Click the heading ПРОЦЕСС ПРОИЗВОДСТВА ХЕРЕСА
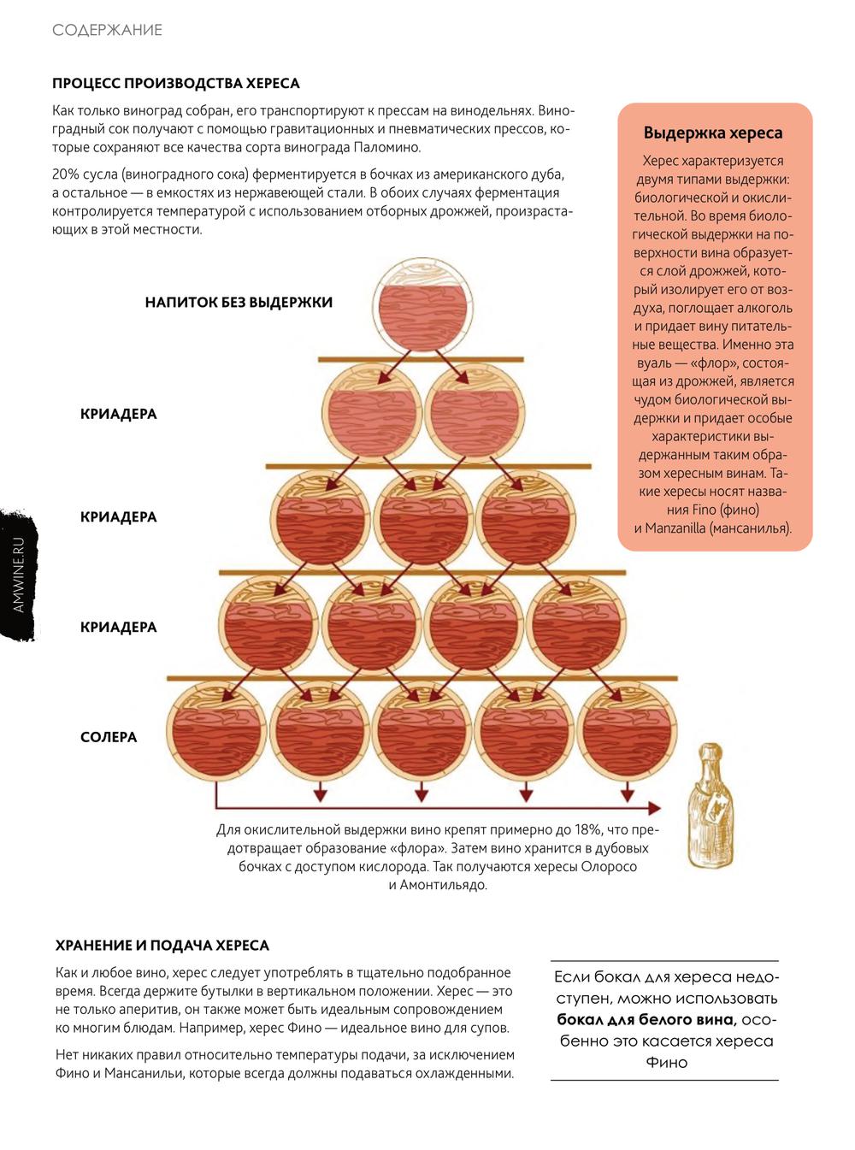175,84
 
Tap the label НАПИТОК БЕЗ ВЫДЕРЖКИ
239,303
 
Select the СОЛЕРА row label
109,737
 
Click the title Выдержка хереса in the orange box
713,133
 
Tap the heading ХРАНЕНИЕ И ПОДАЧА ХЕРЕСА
162,946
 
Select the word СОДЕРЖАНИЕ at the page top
107,30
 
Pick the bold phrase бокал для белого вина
646,1020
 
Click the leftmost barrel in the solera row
215,732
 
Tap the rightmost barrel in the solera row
627,732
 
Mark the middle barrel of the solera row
422,732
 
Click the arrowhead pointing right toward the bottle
654,808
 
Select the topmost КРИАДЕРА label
118,415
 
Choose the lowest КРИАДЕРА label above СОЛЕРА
118,628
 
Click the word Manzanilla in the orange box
675,528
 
